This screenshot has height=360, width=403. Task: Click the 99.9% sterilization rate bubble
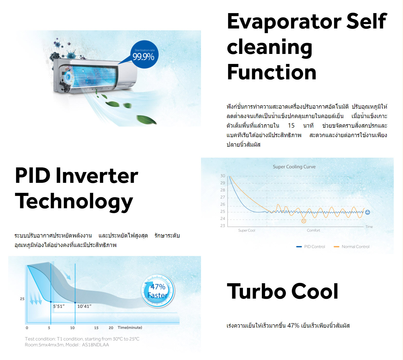pyautogui.click(x=144, y=54)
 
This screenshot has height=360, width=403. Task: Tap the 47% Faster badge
pyautogui.click(x=158, y=291)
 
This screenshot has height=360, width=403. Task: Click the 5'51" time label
pyautogui.click(x=59, y=306)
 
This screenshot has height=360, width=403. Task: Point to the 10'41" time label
pyautogui.click(x=84, y=306)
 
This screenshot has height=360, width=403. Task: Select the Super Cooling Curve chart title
pyautogui.click(x=294, y=167)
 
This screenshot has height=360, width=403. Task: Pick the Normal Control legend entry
pyautogui.click(x=351, y=247)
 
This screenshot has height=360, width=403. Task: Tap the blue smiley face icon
pyautogui.click(x=368, y=212)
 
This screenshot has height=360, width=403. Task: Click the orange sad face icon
pyautogui.click(x=304, y=221)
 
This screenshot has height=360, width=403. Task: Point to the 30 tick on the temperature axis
pyautogui.click(x=223, y=176)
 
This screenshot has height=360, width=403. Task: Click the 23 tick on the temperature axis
pyautogui.click(x=223, y=226)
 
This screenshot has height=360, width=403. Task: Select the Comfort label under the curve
pyautogui.click(x=313, y=230)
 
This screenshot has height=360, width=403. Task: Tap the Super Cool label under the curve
pyautogui.click(x=246, y=230)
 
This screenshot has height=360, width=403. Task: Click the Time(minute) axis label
pyautogui.click(x=130, y=328)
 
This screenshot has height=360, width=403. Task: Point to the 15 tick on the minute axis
pyautogui.click(x=96, y=328)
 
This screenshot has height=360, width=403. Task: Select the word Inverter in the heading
pyautogui.click(x=97, y=176)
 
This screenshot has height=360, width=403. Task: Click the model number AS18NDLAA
pyautogui.click(x=95, y=345)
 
